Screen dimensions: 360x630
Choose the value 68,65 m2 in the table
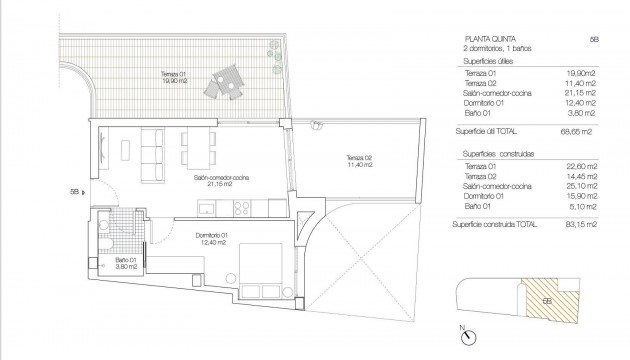point(579,131)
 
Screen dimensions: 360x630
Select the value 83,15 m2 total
point(579,228)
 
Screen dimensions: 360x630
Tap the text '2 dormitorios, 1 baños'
point(498,50)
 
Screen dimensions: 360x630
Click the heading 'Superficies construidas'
point(497,152)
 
